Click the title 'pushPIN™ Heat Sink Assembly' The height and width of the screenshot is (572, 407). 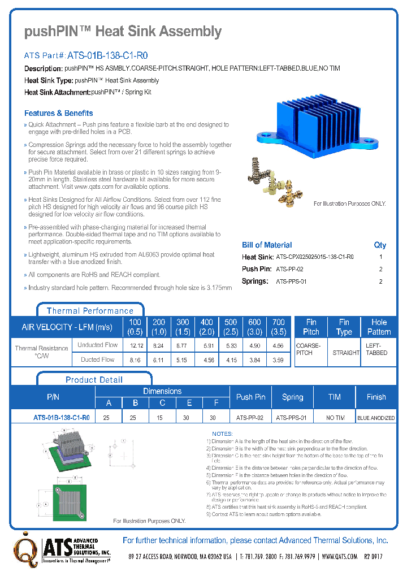(x=123, y=32)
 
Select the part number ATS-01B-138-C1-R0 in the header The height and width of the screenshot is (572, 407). (x=107, y=56)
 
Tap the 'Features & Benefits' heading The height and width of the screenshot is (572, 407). (x=58, y=113)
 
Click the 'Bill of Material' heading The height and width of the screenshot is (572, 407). (x=267, y=245)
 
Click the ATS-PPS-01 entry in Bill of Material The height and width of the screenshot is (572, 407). (x=291, y=281)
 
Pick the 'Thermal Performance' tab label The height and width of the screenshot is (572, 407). (x=90, y=310)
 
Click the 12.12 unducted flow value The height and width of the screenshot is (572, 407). (x=136, y=345)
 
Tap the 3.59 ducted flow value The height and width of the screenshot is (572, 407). (x=278, y=359)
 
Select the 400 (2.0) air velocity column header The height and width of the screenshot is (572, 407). (x=207, y=327)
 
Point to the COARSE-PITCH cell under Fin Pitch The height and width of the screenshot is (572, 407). (x=309, y=349)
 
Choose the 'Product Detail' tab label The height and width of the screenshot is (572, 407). (x=94, y=379)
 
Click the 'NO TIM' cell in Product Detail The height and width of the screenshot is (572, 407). (x=335, y=418)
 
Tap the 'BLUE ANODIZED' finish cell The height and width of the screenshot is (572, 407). (x=376, y=418)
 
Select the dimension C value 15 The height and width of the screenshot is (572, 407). (x=162, y=418)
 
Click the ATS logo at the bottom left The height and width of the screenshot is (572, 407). (x=62, y=548)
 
